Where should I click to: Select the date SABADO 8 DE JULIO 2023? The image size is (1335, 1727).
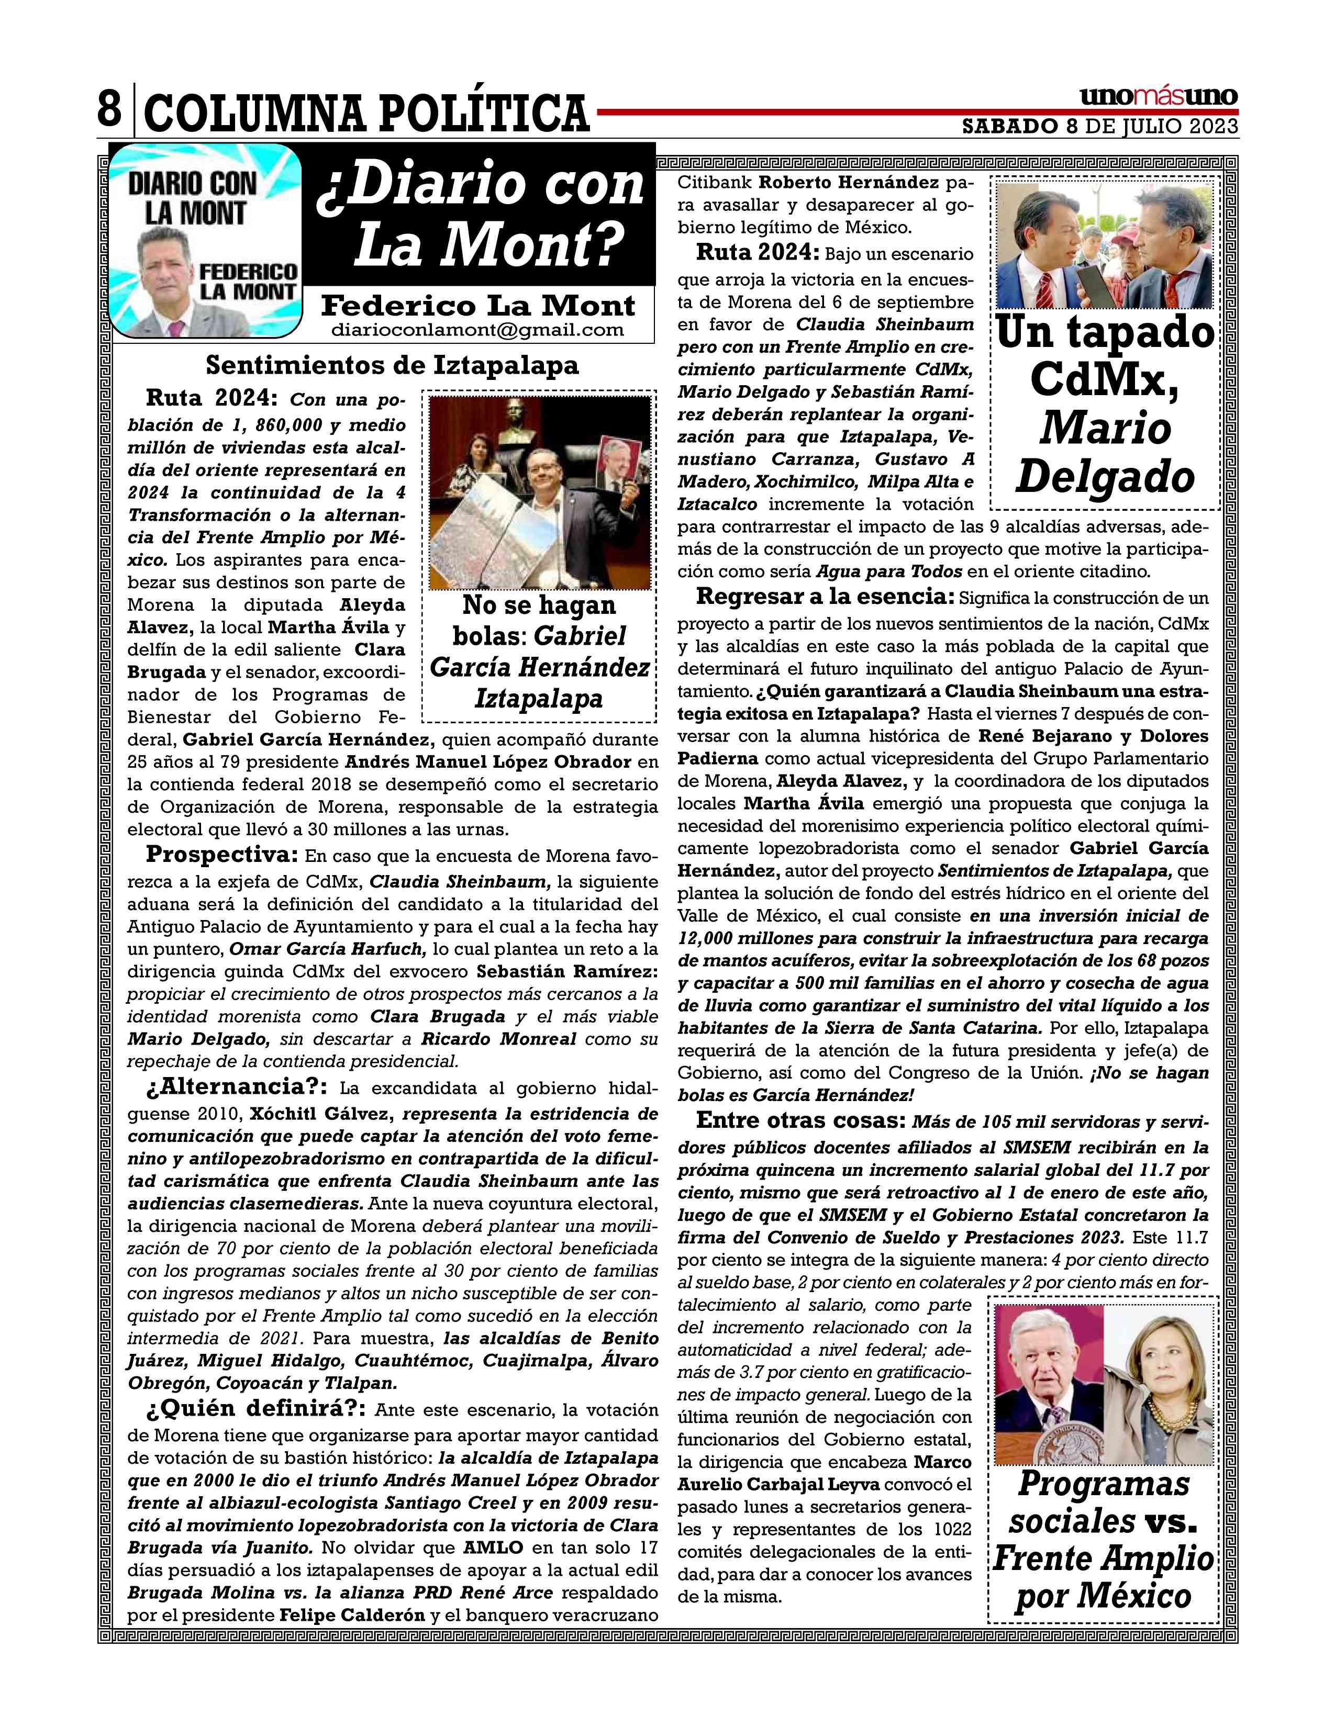click(x=1099, y=127)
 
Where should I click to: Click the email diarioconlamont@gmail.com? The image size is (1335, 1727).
click(x=477, y=330)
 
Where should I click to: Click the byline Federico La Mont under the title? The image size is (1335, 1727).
click(x=477, y=305)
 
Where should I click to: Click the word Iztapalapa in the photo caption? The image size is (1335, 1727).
click(x=539, y=698)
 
